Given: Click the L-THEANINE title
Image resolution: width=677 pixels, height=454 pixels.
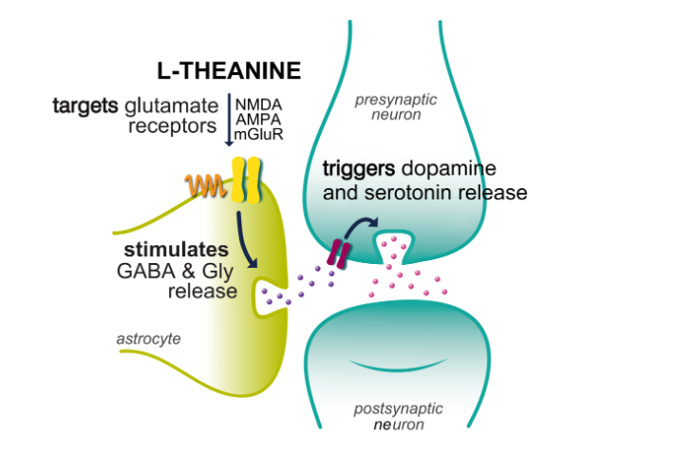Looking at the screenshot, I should click(x=229, y=70).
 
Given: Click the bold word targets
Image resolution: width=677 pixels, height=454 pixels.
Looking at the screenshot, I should click(x=86, y=105).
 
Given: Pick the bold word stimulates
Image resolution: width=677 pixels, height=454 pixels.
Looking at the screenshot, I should click(x=178, y=250).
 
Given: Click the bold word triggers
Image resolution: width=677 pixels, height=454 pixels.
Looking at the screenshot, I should click(x=359, y=168).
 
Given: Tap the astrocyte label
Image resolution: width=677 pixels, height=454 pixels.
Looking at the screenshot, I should click(x=148, y=338).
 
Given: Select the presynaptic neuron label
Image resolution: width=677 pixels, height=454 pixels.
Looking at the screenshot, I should click(x=387, y=107).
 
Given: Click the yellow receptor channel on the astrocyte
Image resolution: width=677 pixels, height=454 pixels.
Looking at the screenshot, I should click(x=247, y=180).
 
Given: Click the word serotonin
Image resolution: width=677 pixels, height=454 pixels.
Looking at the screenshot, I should click(x=399, y=192).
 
